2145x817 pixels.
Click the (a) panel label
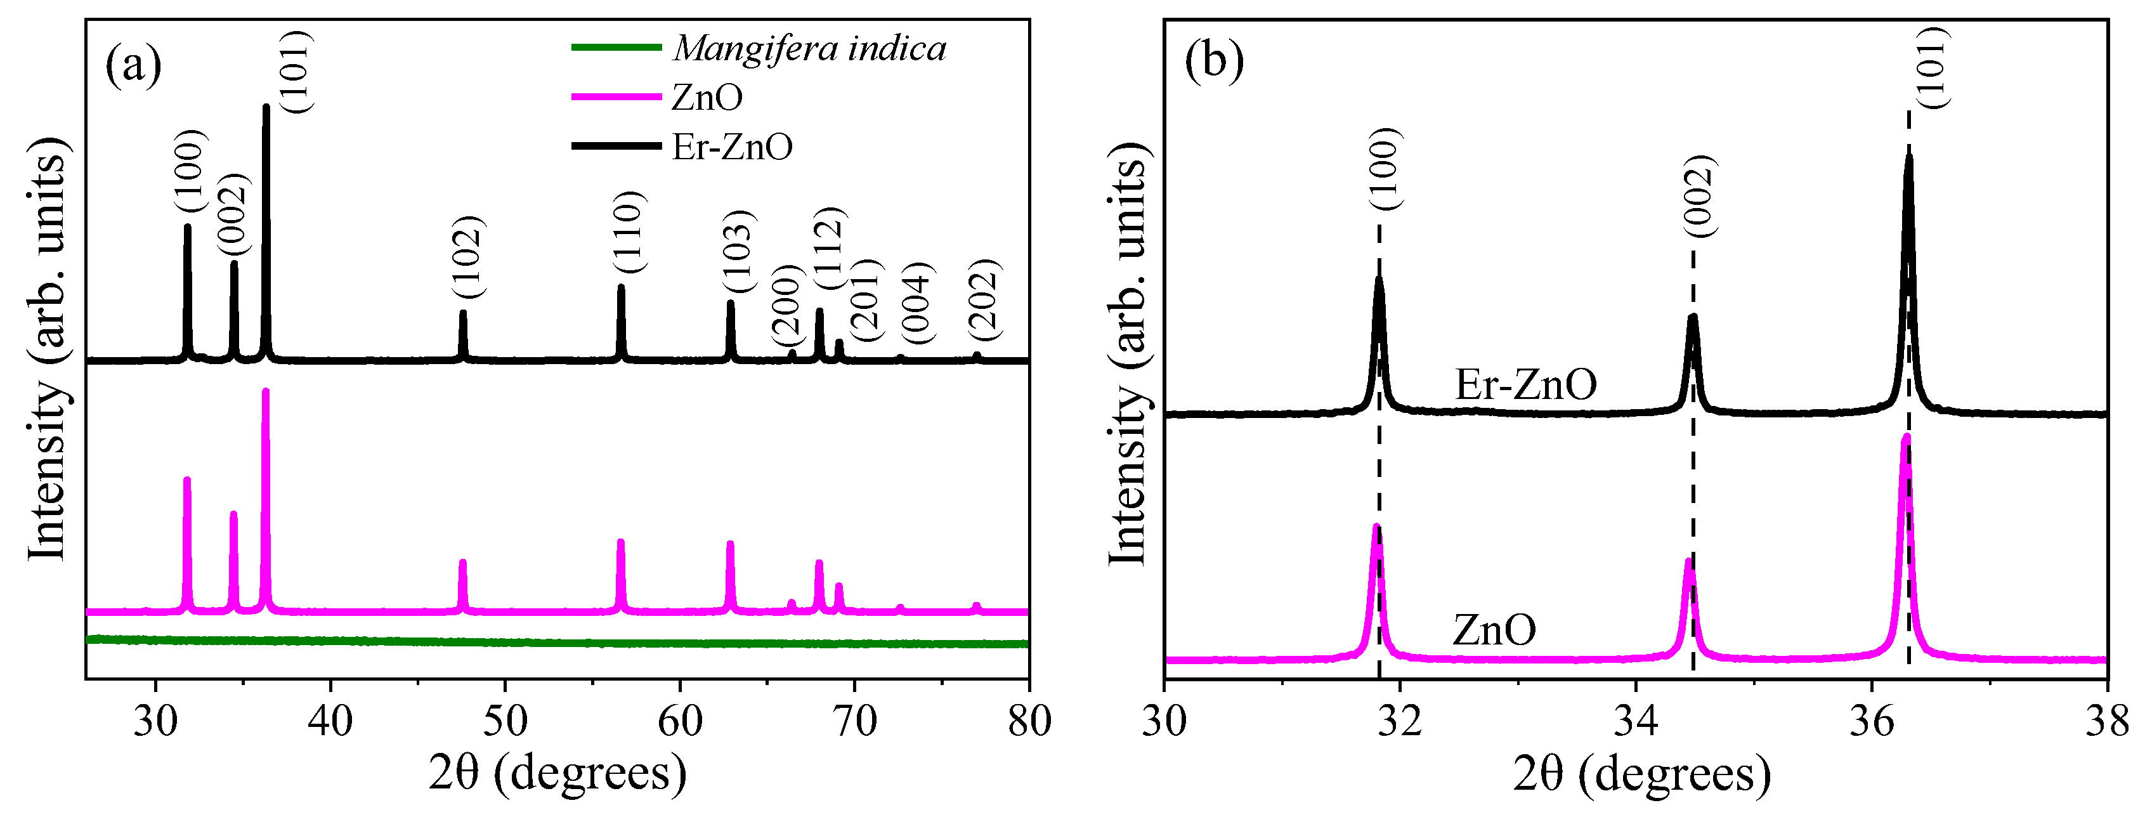(133, 63)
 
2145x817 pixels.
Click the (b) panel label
(1213, 60)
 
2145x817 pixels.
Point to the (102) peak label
(467, 256)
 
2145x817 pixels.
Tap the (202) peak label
(984, 300)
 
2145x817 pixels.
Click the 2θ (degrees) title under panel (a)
(557, 772)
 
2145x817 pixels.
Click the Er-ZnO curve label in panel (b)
(1525, 384)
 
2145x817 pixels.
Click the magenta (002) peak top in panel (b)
(1690, 561)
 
